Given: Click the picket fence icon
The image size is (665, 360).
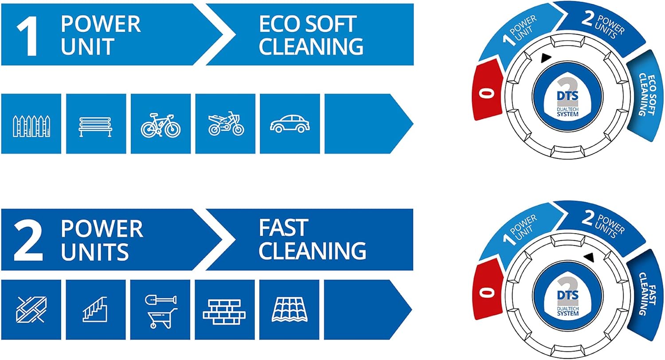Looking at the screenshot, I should [x=31, y=125].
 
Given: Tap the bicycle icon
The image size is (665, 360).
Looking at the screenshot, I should [x=160, y=125].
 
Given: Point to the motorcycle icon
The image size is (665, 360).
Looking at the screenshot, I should [x=226, y=123].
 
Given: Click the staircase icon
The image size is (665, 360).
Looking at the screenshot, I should [x=95, y=309].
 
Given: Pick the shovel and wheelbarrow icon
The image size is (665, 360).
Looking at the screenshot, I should [x=160, y=311].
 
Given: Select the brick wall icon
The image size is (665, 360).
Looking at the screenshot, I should [x=224, y=310].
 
